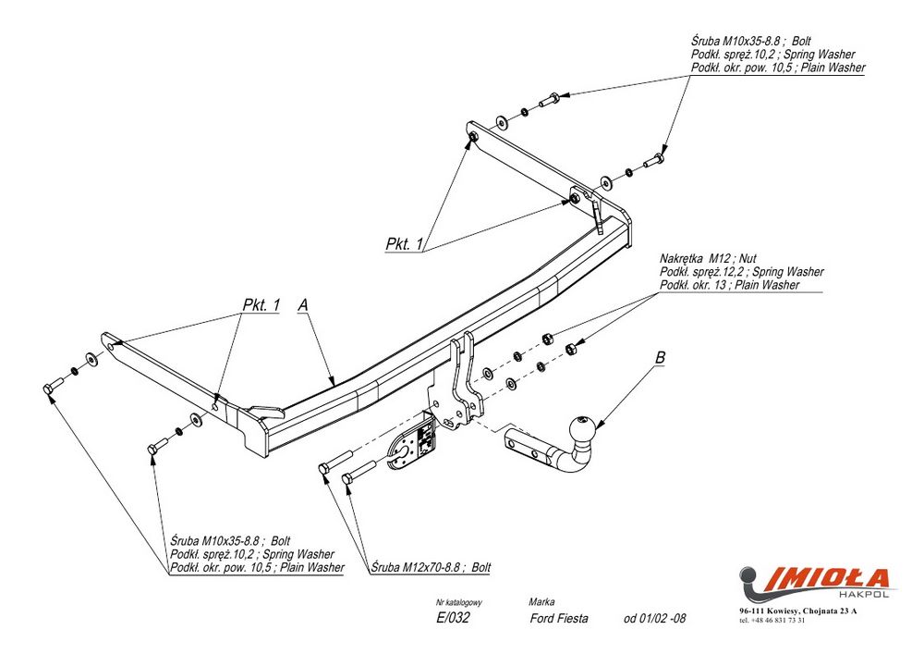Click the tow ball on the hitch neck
tap(583, 429)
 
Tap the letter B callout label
tap(660, 358)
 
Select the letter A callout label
tap(303, 304)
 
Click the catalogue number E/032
tap(453, 619)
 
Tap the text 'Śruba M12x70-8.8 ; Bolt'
tap(432, 566)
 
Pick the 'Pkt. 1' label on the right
tap(404, 244)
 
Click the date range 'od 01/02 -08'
tap(655, 619)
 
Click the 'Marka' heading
tap(542, 601)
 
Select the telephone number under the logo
tap(772, 620)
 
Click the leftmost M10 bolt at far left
tap(51, 387)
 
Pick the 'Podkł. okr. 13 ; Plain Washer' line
tap(729, 285)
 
